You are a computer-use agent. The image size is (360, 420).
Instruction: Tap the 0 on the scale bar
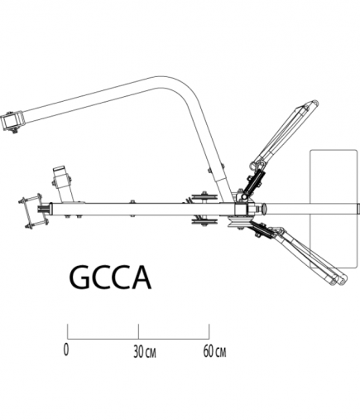(66, 350)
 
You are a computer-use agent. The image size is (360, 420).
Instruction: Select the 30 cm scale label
(142, 350)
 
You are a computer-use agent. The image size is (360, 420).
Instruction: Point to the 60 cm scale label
(214, 350)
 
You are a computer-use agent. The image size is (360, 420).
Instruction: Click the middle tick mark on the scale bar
(138, 331)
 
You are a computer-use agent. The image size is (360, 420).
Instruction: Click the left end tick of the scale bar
(67, 331)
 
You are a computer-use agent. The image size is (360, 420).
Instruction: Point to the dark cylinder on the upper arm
(256, 175)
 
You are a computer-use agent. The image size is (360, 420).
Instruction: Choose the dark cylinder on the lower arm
(264, 233)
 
